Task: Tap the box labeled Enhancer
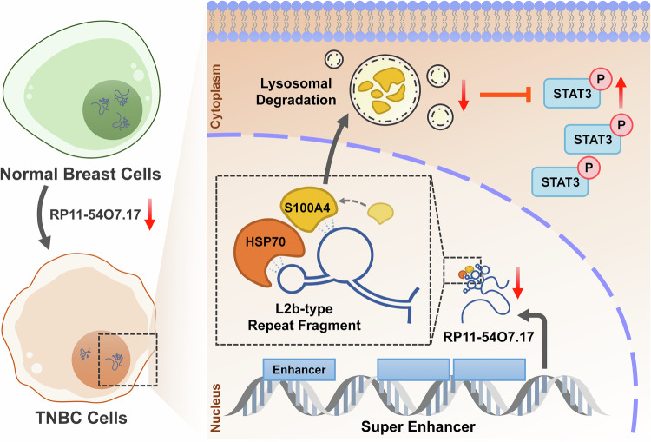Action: click(x=299, y=370)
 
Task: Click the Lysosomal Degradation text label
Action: click(x=296, y=92)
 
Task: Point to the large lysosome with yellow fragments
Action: click(x=385, y=91)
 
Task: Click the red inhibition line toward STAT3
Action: click(x=505, y=96)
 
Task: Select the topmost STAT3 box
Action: click(x=572, y=94)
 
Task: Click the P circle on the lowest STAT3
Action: click(x=589, y=168)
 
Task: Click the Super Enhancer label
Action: click(x=418, y=426)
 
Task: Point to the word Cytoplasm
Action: click(x=215, y=96)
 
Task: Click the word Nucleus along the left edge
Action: click(x=215, y=408)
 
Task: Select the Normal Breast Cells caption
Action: click(x=81, y=174)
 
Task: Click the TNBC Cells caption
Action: click(x=82, y=418)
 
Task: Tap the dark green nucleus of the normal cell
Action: click(x=113, y=110)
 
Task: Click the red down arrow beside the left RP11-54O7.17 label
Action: click(x=149, y=214)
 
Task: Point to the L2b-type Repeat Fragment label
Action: click(x=305, y=317)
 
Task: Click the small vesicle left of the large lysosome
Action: click(x=334, y=59)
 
